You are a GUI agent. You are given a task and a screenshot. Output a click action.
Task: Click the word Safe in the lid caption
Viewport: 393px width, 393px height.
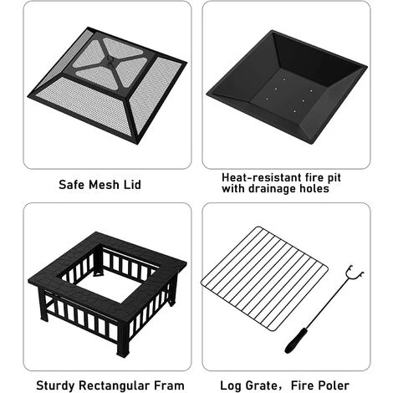pyautogui.click(x=73, y=183)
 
